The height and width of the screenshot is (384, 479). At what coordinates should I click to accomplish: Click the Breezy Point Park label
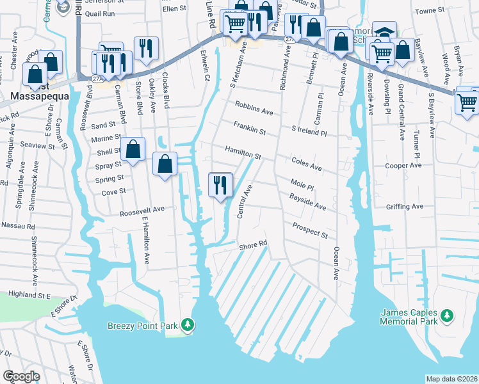click(142, 326)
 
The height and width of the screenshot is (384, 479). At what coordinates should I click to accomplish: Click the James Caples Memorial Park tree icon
click(447, 316)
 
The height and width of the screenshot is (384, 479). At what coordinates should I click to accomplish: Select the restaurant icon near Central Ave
click(220, 185)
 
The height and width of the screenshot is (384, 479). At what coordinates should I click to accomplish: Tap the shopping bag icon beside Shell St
click(133, 150)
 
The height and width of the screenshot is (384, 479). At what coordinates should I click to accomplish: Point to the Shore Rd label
click(252, 245)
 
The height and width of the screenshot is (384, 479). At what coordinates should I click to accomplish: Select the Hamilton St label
click(243, 152)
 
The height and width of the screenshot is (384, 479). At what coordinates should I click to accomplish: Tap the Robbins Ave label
click(254, 108)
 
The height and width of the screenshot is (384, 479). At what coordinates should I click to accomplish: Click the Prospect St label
click(310, 230)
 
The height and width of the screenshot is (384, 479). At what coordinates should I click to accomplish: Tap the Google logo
click(21, 376)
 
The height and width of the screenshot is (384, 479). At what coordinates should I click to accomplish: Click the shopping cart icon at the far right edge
click(467, 101)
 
